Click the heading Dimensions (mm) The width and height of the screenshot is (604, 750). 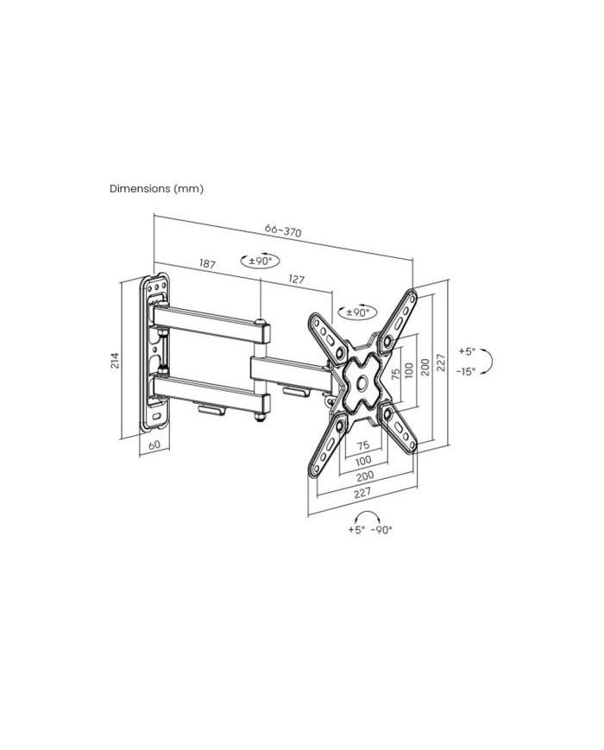[x=156, y=188]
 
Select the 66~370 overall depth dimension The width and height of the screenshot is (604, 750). [x=283, y=230]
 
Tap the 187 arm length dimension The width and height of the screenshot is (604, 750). [x=207, y=263]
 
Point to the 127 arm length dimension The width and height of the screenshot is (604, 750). [x=296, y=279]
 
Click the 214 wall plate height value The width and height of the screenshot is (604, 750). [x=115, y=361]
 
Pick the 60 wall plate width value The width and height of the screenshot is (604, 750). [x=154, y=444]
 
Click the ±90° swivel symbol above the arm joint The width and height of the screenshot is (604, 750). [x=261, y=262]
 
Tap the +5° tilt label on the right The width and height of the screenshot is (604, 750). [x=467, y=351]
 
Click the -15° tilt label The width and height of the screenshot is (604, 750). [x=465, y=371]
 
